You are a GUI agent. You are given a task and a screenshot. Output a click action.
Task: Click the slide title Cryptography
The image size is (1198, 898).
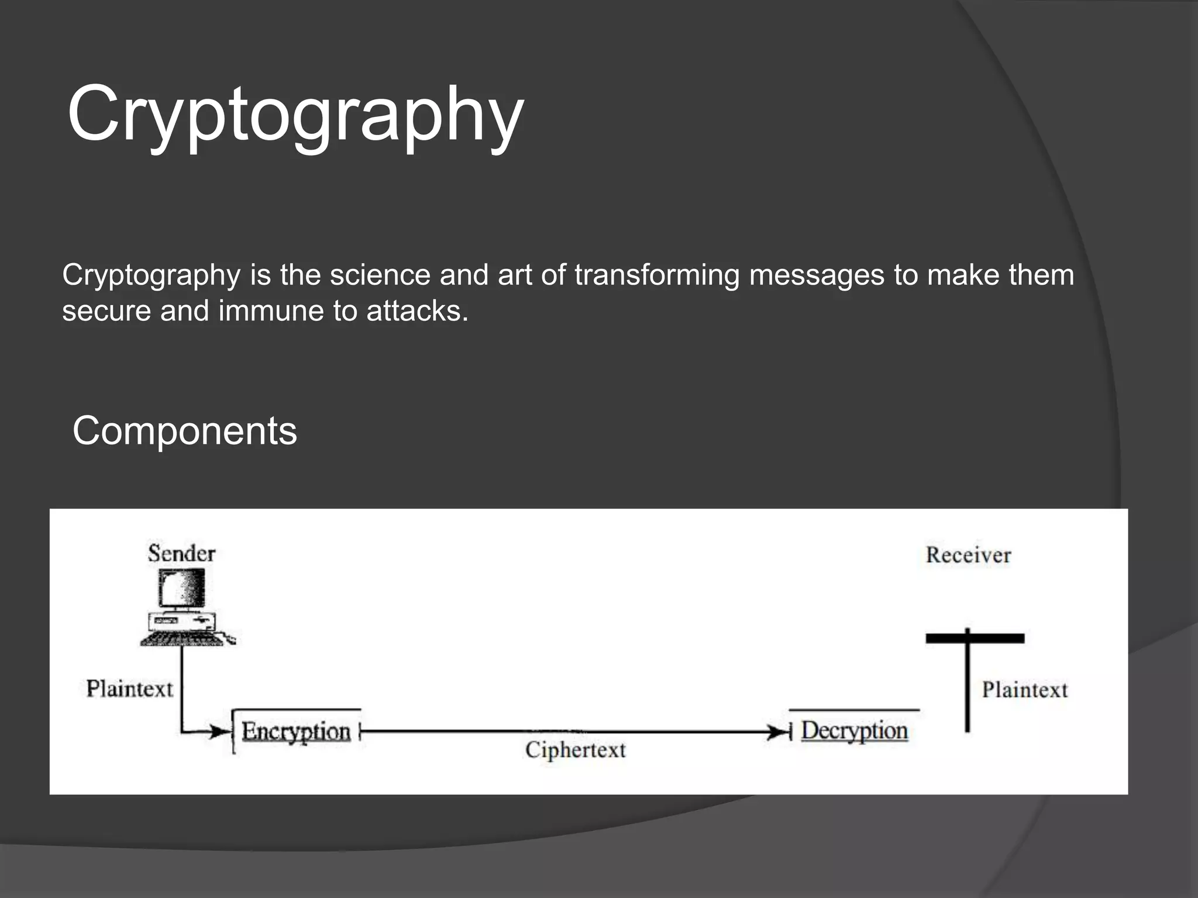295,114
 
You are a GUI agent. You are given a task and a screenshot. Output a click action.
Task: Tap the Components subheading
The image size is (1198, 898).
185,431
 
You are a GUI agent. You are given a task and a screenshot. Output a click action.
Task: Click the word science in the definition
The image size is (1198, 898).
380,275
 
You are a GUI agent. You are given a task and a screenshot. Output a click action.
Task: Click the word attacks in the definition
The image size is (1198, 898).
417,310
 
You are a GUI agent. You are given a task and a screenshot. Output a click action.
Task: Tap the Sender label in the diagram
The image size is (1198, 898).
181,553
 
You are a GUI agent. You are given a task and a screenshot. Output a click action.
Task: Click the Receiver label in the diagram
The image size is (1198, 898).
968,555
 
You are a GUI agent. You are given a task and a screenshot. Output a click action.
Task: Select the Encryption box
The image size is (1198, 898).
296,731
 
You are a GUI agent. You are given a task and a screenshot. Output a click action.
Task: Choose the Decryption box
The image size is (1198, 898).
854,731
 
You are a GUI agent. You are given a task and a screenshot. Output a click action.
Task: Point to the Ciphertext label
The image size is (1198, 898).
575,750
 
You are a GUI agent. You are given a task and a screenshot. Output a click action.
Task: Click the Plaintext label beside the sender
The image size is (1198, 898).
130,689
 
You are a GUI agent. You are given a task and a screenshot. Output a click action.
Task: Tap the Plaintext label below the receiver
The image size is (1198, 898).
1025,690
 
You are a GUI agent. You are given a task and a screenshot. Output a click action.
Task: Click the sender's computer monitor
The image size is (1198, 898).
182,588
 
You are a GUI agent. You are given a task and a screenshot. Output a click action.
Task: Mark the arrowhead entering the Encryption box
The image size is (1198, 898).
219,731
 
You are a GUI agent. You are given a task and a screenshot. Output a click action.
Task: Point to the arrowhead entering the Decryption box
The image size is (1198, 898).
777,732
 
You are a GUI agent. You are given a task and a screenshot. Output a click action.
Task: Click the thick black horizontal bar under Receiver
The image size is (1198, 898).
975,638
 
